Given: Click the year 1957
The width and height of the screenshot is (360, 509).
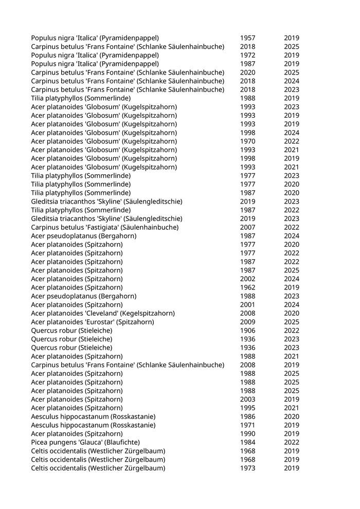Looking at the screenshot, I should (x=247, y=38).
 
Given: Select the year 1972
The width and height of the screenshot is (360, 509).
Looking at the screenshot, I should (x=247, y=55).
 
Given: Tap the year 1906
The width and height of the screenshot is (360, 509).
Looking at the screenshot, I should (x=247, y=331).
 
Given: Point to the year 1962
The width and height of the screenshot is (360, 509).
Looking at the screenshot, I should (x=247, y=287).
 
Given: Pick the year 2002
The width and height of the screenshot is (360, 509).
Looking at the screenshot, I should (x=247, y=279).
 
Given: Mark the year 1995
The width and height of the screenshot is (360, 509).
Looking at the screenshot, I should (x=247, y=408).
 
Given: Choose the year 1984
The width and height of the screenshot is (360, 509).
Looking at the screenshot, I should (x=247, y=442).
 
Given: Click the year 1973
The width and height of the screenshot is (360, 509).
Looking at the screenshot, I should (x=247, y=468).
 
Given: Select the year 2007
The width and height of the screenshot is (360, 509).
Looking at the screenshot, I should (x=247, y=227).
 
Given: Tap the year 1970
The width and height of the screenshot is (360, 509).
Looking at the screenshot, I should (x=247, y=141).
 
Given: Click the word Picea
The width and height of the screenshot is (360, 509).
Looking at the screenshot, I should (x=40, y=442).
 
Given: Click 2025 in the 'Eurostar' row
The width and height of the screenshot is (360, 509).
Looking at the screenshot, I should (x=292, y=322).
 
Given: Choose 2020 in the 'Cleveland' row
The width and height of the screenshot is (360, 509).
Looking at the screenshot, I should (x=292, y=313).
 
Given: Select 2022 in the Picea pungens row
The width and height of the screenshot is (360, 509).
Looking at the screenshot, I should (x=292, y=442).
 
